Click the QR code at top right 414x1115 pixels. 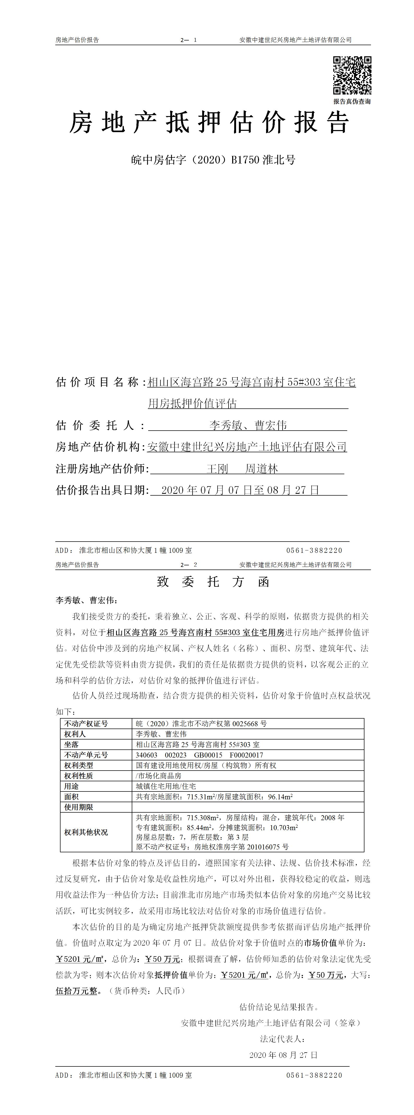click(352, 75)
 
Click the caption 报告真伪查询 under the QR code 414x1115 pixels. click(352, 101)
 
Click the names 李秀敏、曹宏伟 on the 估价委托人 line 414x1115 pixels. click(248, 425)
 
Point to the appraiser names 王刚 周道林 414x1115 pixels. click(242, 469)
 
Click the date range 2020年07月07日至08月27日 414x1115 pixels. click(240, 490)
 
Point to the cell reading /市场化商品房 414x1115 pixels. click(158, 776)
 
